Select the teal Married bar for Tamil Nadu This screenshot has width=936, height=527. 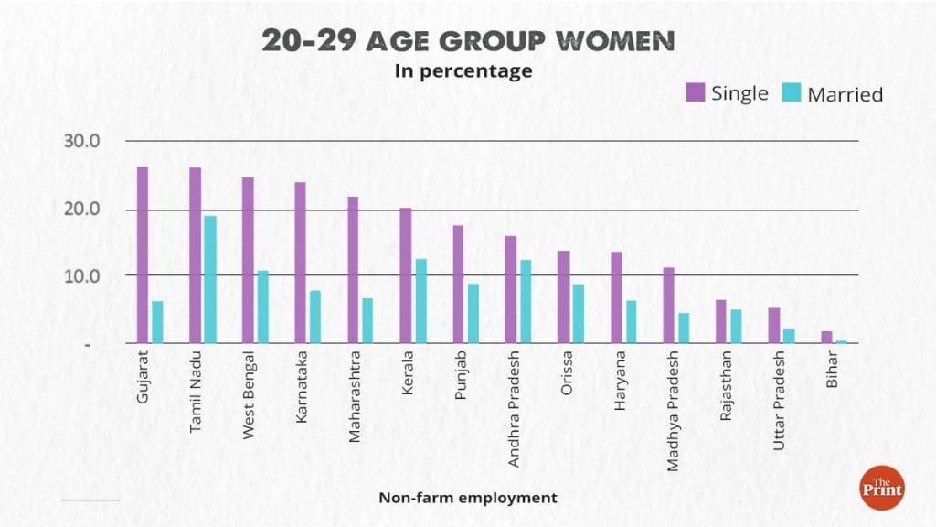click(x=210, y=279)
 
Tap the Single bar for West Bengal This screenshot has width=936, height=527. click(x=248, y=260)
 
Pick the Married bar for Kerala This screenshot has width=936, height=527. click(x=420, y=301)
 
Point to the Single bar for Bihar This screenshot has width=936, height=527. click(x=827, y=337)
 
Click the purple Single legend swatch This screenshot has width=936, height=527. click(x=696, y=91)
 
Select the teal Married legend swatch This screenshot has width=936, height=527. click(x=792, y=92)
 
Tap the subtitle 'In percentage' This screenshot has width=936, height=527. click(x=463, y=71)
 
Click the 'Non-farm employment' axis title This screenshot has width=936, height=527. click(x=467, y=498)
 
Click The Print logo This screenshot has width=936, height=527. click(x=881, y=487)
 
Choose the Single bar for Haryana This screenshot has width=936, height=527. click(x=616, y=297)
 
